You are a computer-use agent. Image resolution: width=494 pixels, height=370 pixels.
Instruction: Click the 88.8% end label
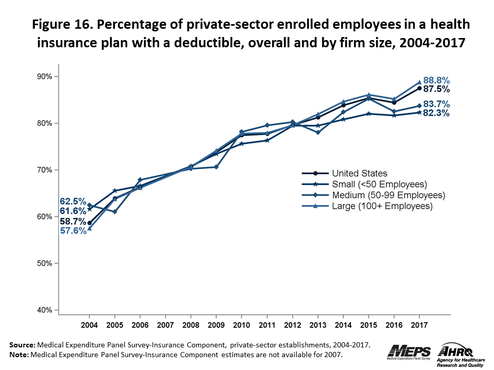(x=436, y=81)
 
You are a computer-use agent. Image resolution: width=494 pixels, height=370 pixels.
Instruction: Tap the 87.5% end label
(x=437, y=89)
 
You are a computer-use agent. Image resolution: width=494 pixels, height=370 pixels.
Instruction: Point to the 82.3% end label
(x=437, y=113)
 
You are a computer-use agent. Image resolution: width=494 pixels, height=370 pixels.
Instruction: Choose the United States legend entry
(x=359, y=173)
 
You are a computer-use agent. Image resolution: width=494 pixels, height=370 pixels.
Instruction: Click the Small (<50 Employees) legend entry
(x=380, y=184)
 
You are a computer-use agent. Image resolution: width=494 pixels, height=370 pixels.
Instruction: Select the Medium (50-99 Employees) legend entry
(x=389, y=195)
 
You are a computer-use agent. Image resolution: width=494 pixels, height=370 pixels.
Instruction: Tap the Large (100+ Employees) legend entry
(x=382, y=206)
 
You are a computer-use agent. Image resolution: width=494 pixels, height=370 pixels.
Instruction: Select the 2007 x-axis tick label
(x=165, y=326)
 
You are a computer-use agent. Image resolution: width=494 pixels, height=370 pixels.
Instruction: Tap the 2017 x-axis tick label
(x=419, y=326)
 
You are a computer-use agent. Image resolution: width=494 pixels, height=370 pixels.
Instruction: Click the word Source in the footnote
(x=21, y=344)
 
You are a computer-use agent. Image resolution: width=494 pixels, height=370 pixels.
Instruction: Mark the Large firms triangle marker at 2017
(x=419, y=82)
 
